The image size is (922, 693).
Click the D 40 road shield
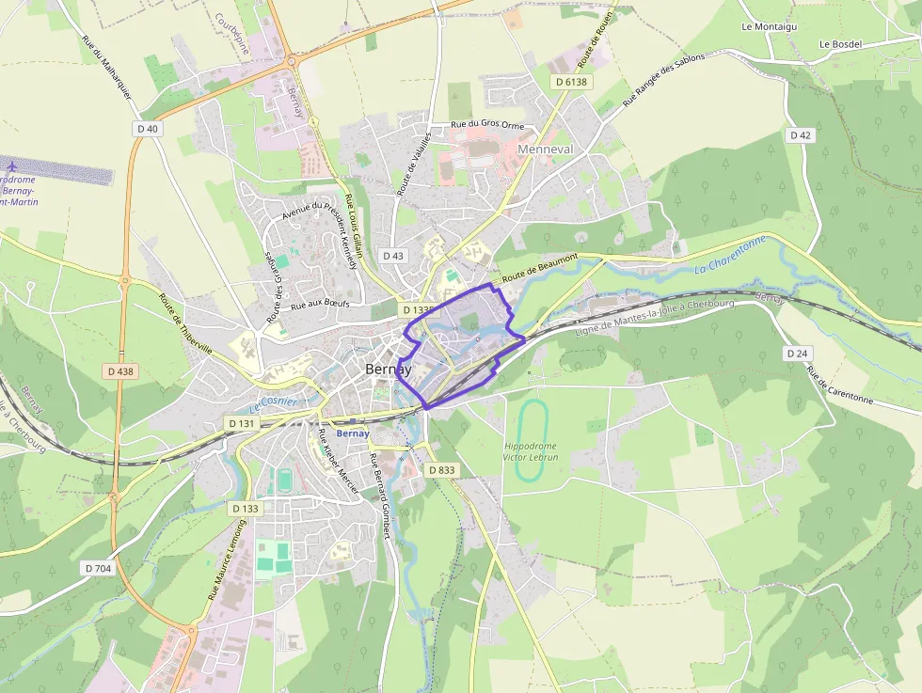pos(148,129)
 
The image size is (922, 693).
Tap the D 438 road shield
pos(120,371)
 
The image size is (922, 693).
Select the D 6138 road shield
pos(571,82)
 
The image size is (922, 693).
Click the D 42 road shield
pos(800,135)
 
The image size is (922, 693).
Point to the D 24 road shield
pos(796,354)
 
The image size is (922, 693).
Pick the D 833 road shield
pos(441,470)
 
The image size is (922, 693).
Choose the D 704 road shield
pos(98,568)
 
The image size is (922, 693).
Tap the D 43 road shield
pos(393,256)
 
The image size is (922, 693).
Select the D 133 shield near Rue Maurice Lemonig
pos(245,508)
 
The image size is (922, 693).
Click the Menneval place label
pos(545,150)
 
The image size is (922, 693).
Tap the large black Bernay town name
pos(388,370)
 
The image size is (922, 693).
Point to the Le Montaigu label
pos(769,27)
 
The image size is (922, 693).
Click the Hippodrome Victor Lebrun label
pos(531,451)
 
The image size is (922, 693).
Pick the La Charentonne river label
pos(730,257)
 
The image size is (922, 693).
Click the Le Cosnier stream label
pos(274,404)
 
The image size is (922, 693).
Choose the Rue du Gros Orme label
pos(487,124)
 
